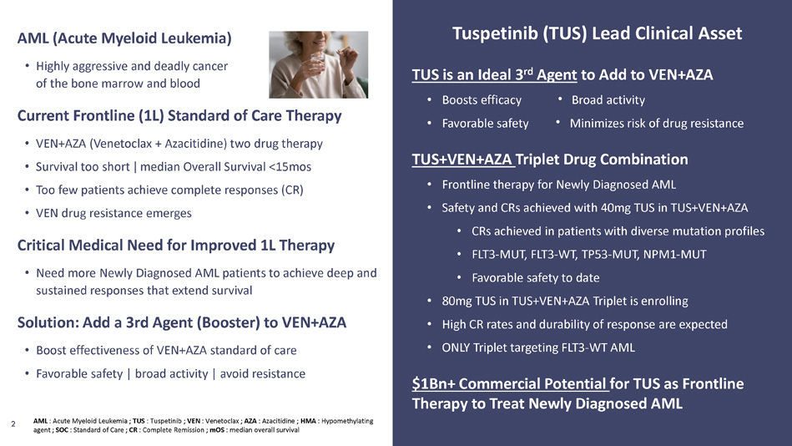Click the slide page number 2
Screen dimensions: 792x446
coord(13,424)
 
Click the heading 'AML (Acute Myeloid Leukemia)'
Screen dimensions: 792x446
coord(124,38)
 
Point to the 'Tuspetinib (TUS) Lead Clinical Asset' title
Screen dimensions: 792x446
coord(597,33)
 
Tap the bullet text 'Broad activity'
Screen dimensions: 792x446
coord(608,100)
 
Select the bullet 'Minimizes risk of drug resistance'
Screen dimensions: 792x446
coord(657,124)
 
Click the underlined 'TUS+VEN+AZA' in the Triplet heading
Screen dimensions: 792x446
coord(462,160)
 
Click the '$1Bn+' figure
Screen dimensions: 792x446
coord(433,384)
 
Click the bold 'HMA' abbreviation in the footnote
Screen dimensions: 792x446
coord(308,421)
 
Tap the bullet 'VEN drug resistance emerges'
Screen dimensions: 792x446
coord(114,213)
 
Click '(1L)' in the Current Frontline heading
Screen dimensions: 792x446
coord(151,116)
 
